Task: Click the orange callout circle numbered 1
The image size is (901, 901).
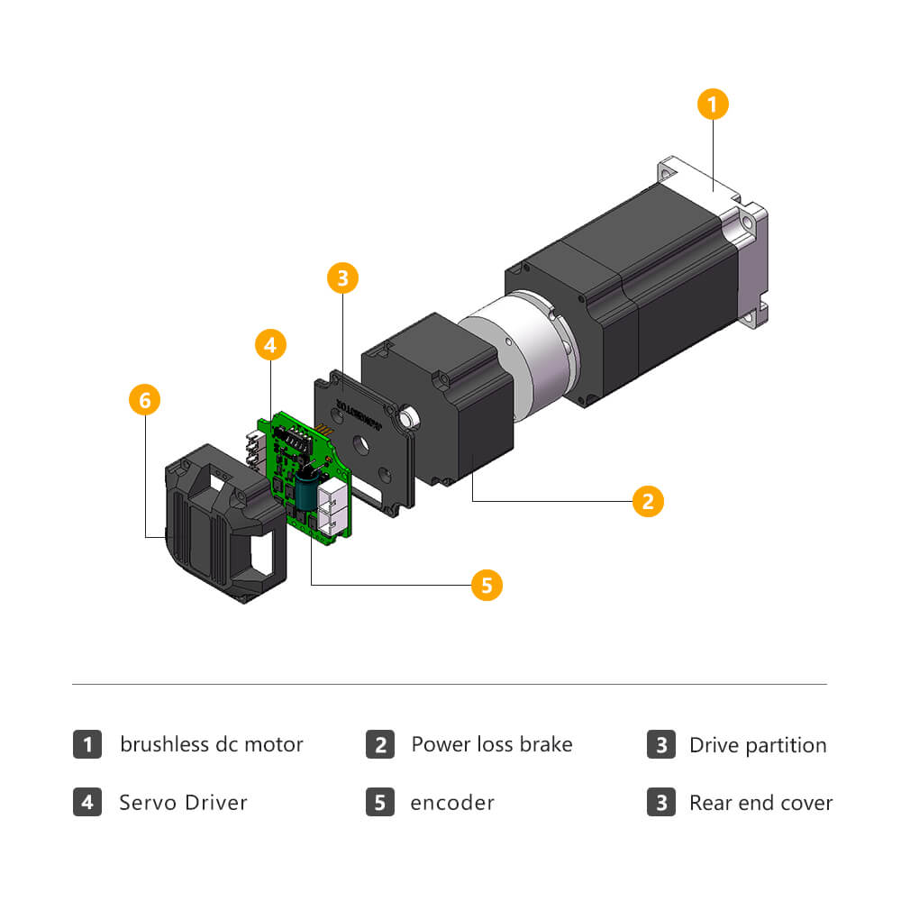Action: (x=712, y=105)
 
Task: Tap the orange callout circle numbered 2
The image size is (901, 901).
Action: (x=648, y=501)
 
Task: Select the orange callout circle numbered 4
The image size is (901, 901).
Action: (x=271, y=344)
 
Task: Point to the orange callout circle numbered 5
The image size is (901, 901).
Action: (x=487, y=586)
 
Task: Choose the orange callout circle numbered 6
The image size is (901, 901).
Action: (x=145, y=400)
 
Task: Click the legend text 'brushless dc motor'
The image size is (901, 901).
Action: (x=212, y=745)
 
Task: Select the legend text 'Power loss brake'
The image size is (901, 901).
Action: (x=491, y=745)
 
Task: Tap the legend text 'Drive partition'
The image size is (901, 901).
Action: (x=757, y=745)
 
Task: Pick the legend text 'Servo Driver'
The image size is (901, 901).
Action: (x=183, y=802)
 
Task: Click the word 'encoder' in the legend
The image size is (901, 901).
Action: (x=451, y=802)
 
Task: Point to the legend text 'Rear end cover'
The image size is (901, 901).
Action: (x=760, y=802)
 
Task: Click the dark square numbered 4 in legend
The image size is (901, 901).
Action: (x=87, y=802)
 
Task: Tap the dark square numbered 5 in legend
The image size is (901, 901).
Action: (x=379, y=802)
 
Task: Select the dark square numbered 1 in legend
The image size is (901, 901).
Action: (x=87, y=745)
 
